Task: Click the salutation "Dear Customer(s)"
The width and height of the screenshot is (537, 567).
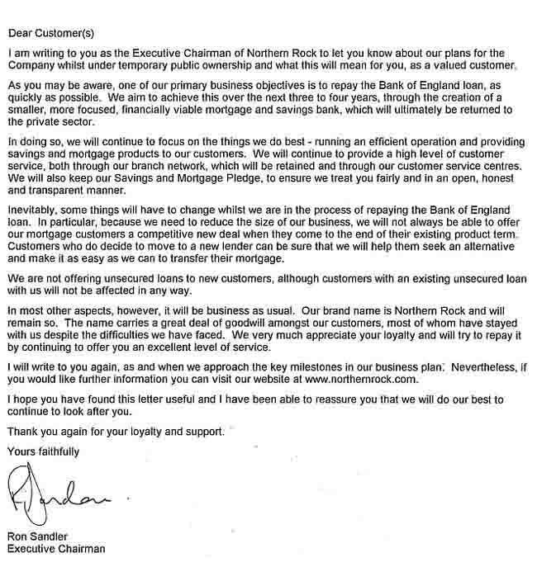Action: tap(52, 34)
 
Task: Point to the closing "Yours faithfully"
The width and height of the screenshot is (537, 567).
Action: tap(43, 452)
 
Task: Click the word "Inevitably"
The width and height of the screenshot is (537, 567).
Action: tap(31, 209)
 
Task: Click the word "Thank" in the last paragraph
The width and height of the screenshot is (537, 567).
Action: tap(23, 432)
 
